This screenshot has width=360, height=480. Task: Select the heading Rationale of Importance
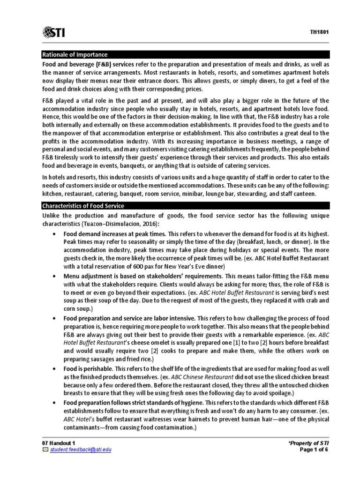pos(75,54)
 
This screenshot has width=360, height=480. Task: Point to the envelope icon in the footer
pos(45,450)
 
